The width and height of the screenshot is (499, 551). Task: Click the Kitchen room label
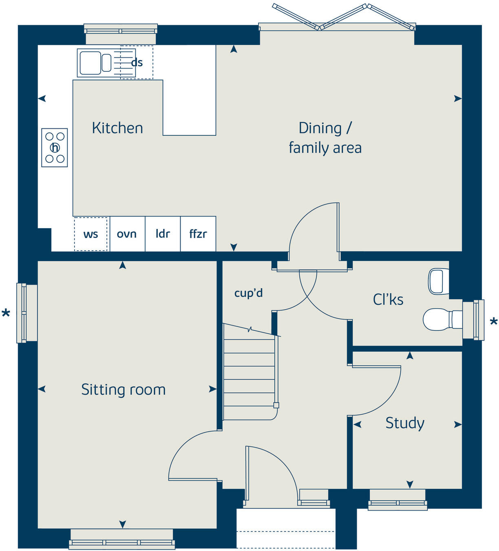coord(117,128)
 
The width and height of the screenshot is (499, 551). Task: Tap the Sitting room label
coord(123,390)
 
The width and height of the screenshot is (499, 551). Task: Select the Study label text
coord(404,423)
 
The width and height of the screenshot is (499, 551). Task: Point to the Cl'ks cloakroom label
coord(388,300)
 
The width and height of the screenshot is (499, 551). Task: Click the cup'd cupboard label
coord(248,293)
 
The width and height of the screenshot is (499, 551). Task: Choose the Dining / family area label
coord(325,138)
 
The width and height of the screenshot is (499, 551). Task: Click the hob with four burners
coord(55,148)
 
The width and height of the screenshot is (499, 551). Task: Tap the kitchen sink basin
coord(91,63)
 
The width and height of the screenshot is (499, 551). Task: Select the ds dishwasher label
coord(137,63)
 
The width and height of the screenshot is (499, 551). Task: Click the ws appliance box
coord(91,234)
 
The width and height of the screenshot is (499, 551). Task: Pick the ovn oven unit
coord(127,234)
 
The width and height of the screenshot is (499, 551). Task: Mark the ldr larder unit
coord(163,234)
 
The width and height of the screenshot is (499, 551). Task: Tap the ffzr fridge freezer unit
coord(198,234)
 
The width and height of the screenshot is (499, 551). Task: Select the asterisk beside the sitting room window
coord(6,314)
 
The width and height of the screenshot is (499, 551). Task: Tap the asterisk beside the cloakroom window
coord(494,322)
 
